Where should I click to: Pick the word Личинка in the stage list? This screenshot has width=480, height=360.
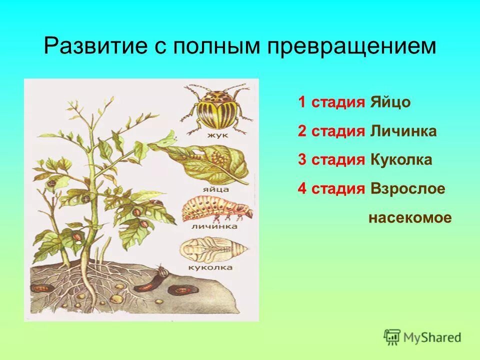(403, 131)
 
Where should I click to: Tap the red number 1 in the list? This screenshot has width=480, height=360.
(301, 102)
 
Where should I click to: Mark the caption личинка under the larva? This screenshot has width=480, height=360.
(214, 226)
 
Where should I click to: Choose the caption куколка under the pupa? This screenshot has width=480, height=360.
(210, 267)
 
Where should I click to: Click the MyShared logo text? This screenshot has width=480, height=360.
(432, 337)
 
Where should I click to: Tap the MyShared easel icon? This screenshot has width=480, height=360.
(392, 337)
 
